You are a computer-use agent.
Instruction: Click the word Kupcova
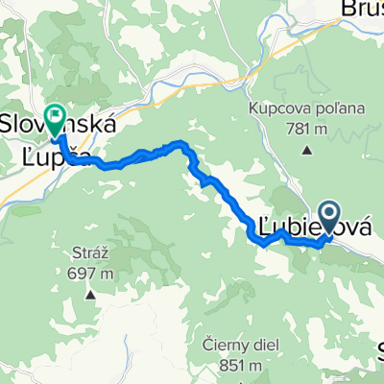(x=277, y=108)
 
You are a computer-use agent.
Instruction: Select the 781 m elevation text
(x=307, y=128)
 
